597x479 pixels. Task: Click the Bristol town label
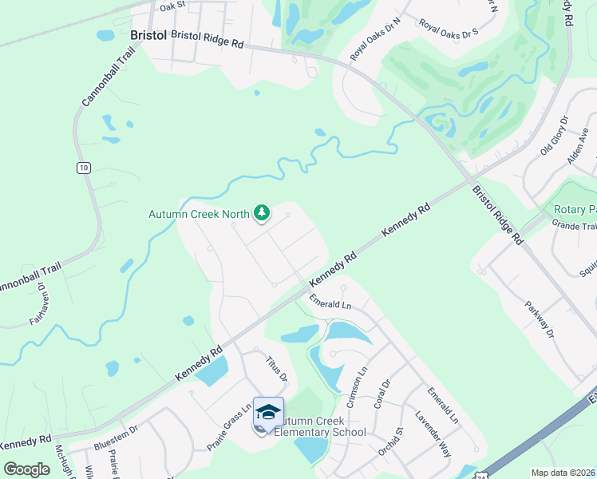pyautogui.click(x=148, y=36)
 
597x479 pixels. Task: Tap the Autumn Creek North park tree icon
pyautogui.click(x=260, y=212)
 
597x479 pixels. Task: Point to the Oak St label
pyautogui.click(x=172, y=6)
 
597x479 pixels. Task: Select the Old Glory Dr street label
pyautogui.click(x=554, y=135)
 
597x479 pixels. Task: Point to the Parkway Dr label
pyautogui.click(x=539, y=319)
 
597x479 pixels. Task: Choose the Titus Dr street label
pyautogui.click(x=276, y=369)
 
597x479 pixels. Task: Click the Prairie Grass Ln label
pyautogui.click(x=230, y=427)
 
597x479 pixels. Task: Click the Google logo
pyautogui.click(x=26, y=469)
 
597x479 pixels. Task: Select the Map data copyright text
pyautogui.click(x=562, y=473)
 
